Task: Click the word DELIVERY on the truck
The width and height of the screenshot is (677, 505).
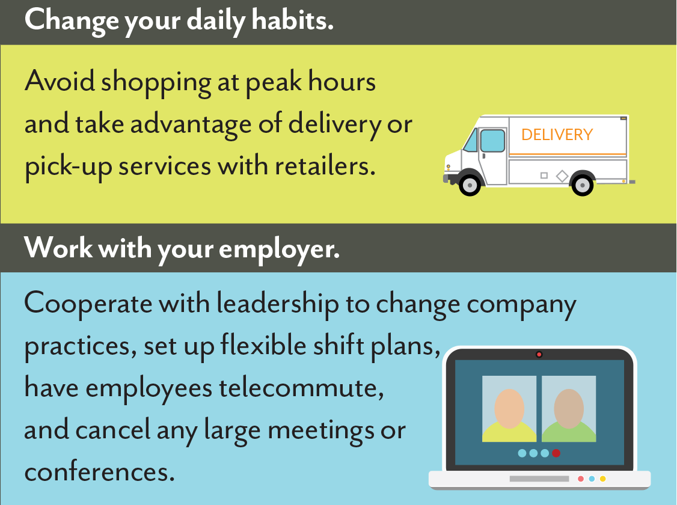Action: (557, 135)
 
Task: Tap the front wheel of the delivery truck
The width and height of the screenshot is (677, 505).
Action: (470, 185)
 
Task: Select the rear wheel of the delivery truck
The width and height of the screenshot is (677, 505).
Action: (583, 185)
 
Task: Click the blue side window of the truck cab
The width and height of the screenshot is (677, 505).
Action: (492, 141)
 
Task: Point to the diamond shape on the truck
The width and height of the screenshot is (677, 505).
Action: (562, 176)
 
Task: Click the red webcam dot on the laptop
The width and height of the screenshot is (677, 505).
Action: (539, 354)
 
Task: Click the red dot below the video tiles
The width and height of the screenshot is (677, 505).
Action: (556, 453)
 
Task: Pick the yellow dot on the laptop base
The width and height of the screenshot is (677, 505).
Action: (602, 479)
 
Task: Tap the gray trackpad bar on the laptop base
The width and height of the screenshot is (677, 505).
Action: (539, 479)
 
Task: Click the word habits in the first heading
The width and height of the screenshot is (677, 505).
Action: (293, 20)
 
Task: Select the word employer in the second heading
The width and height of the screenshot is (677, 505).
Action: (280, 250)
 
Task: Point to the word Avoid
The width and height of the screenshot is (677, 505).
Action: (60, 81)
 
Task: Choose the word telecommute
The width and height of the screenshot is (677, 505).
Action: (301, 388)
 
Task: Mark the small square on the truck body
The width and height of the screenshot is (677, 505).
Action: (544, 175)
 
